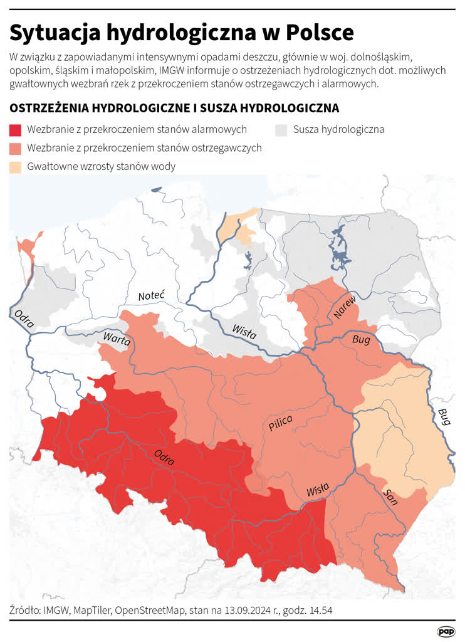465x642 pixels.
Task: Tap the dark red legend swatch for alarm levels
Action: pyautogui.click(x=16, y=130)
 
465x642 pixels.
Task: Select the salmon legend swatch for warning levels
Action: pyautogui.click(x=16, y=148)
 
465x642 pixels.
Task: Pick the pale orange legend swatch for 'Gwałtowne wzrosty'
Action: pyautogui.click(x=16, y=167)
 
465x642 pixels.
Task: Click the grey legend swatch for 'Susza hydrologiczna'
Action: pyautogui.click(x=281, y=130)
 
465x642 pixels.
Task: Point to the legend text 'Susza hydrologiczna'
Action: pyautogui.click(x=338, y=130)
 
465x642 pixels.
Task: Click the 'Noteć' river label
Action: pyautogui.click(x=150, y=295)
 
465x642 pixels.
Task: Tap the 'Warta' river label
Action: pyautogui.click(x=117, y=340)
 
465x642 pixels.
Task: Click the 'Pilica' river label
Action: pyautogui.click(x=280, y=424)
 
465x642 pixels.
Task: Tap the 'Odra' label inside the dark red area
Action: pyautogui.click(x=164, y=458)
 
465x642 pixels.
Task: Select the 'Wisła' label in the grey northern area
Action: pyautogui.click(x=244, y=330)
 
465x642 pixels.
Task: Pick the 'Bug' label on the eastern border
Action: pyautogui.click(x=444, y=416)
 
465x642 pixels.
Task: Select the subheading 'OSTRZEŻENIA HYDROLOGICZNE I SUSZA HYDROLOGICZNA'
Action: pyautogui.click(x=174, y=108)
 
